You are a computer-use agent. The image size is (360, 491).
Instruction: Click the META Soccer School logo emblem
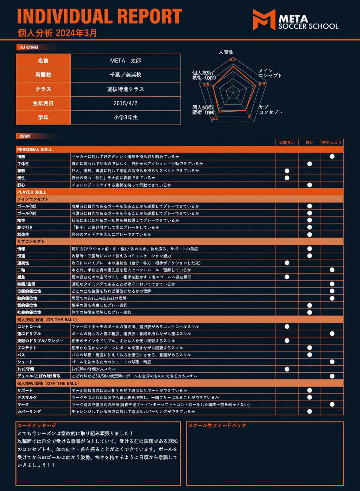click(x=264, y=20)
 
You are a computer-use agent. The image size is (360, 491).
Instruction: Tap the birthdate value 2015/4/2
click(x=125, y=103)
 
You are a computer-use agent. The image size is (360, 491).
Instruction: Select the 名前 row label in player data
click(x=43, y=61)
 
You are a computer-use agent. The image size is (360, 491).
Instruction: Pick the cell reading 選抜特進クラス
click(x=125, y=89)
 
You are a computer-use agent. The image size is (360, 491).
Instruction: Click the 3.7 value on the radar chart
click(x=233, y=59)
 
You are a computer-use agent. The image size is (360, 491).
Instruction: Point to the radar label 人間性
click(x=226, y=52)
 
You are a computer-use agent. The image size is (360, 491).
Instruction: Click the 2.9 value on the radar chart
click(x=206, y=85)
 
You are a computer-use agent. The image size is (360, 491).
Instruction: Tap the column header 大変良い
click(x=287, y=142)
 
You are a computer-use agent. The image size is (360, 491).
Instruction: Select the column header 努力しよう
click(x=332, y=142)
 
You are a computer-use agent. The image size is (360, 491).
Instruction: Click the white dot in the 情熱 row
click(x=332, y=157)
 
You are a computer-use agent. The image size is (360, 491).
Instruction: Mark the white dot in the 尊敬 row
click(x=287, y=171)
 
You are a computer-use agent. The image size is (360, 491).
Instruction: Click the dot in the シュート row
click(x=332, y=362)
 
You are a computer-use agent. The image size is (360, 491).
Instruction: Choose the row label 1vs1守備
click(x=26, y=369)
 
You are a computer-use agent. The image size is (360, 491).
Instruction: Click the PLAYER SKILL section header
click(x=32, y=192)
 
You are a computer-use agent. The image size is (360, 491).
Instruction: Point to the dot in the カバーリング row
click(x=310, y=412)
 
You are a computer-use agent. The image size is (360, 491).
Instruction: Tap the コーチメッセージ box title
click(x=37, y=425)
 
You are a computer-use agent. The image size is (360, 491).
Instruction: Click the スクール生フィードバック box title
click(x=217, y=425)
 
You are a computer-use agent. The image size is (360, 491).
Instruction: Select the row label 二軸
click(x=21, y=270)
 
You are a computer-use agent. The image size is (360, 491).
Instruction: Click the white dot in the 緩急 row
click(x=287, y=277)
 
